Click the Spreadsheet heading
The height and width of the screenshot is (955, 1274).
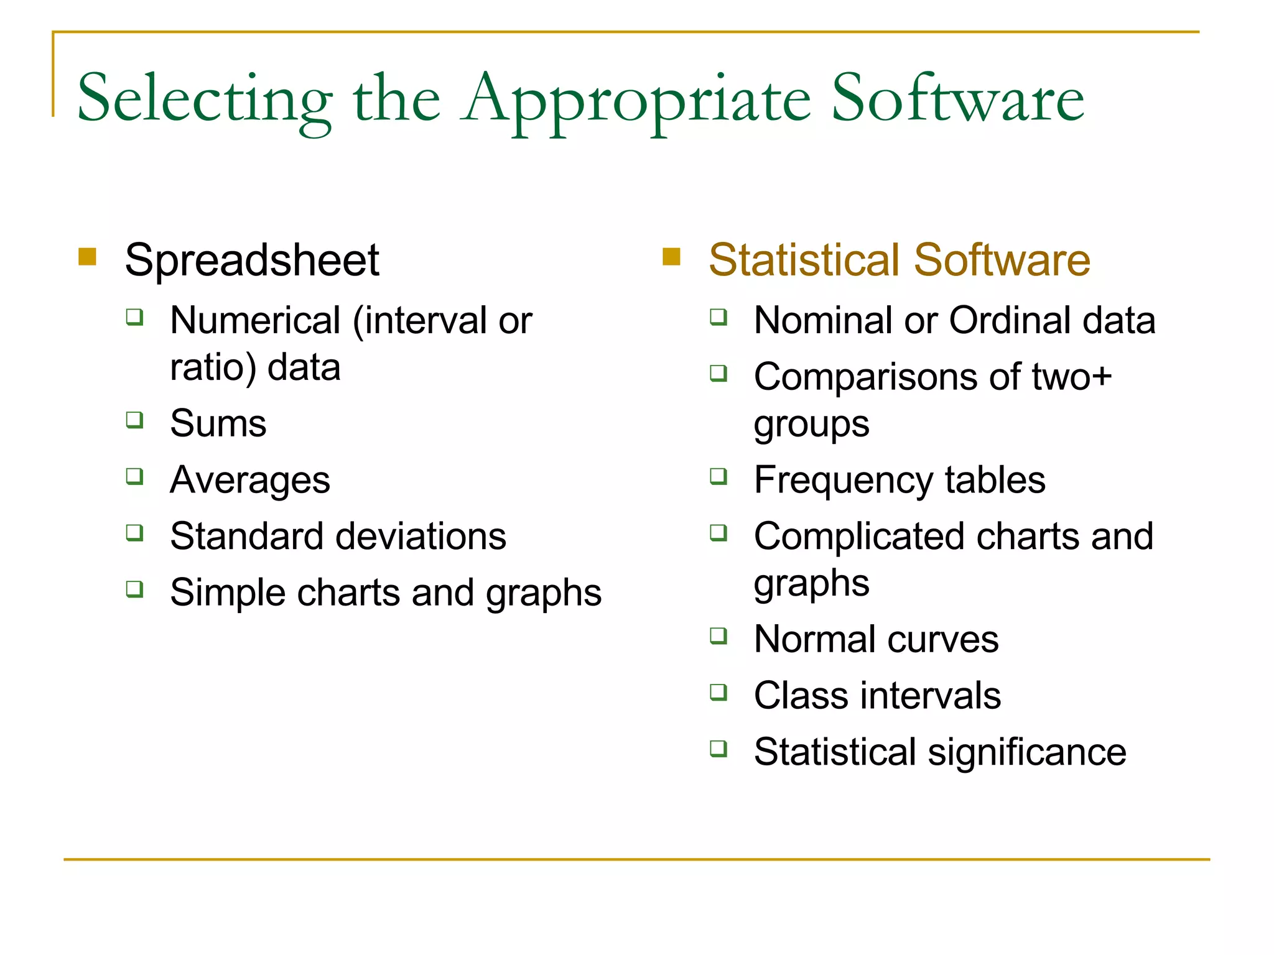click(252, 260)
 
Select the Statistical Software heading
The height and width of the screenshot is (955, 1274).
click(899, 260)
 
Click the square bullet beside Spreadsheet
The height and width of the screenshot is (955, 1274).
click(88, 257)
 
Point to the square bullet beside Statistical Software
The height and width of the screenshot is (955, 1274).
click(671, 257)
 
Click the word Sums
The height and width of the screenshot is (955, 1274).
click(218, 423)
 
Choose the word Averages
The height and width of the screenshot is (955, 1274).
click(250, 481)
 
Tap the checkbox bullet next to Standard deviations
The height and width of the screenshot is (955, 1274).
click(134, 533)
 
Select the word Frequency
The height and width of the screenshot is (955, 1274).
click(843, 481)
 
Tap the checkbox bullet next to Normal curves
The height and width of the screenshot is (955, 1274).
click(718, 636)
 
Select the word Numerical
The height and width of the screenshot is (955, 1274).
click(255, 321)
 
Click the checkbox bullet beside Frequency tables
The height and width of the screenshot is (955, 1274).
click(718, 477)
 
